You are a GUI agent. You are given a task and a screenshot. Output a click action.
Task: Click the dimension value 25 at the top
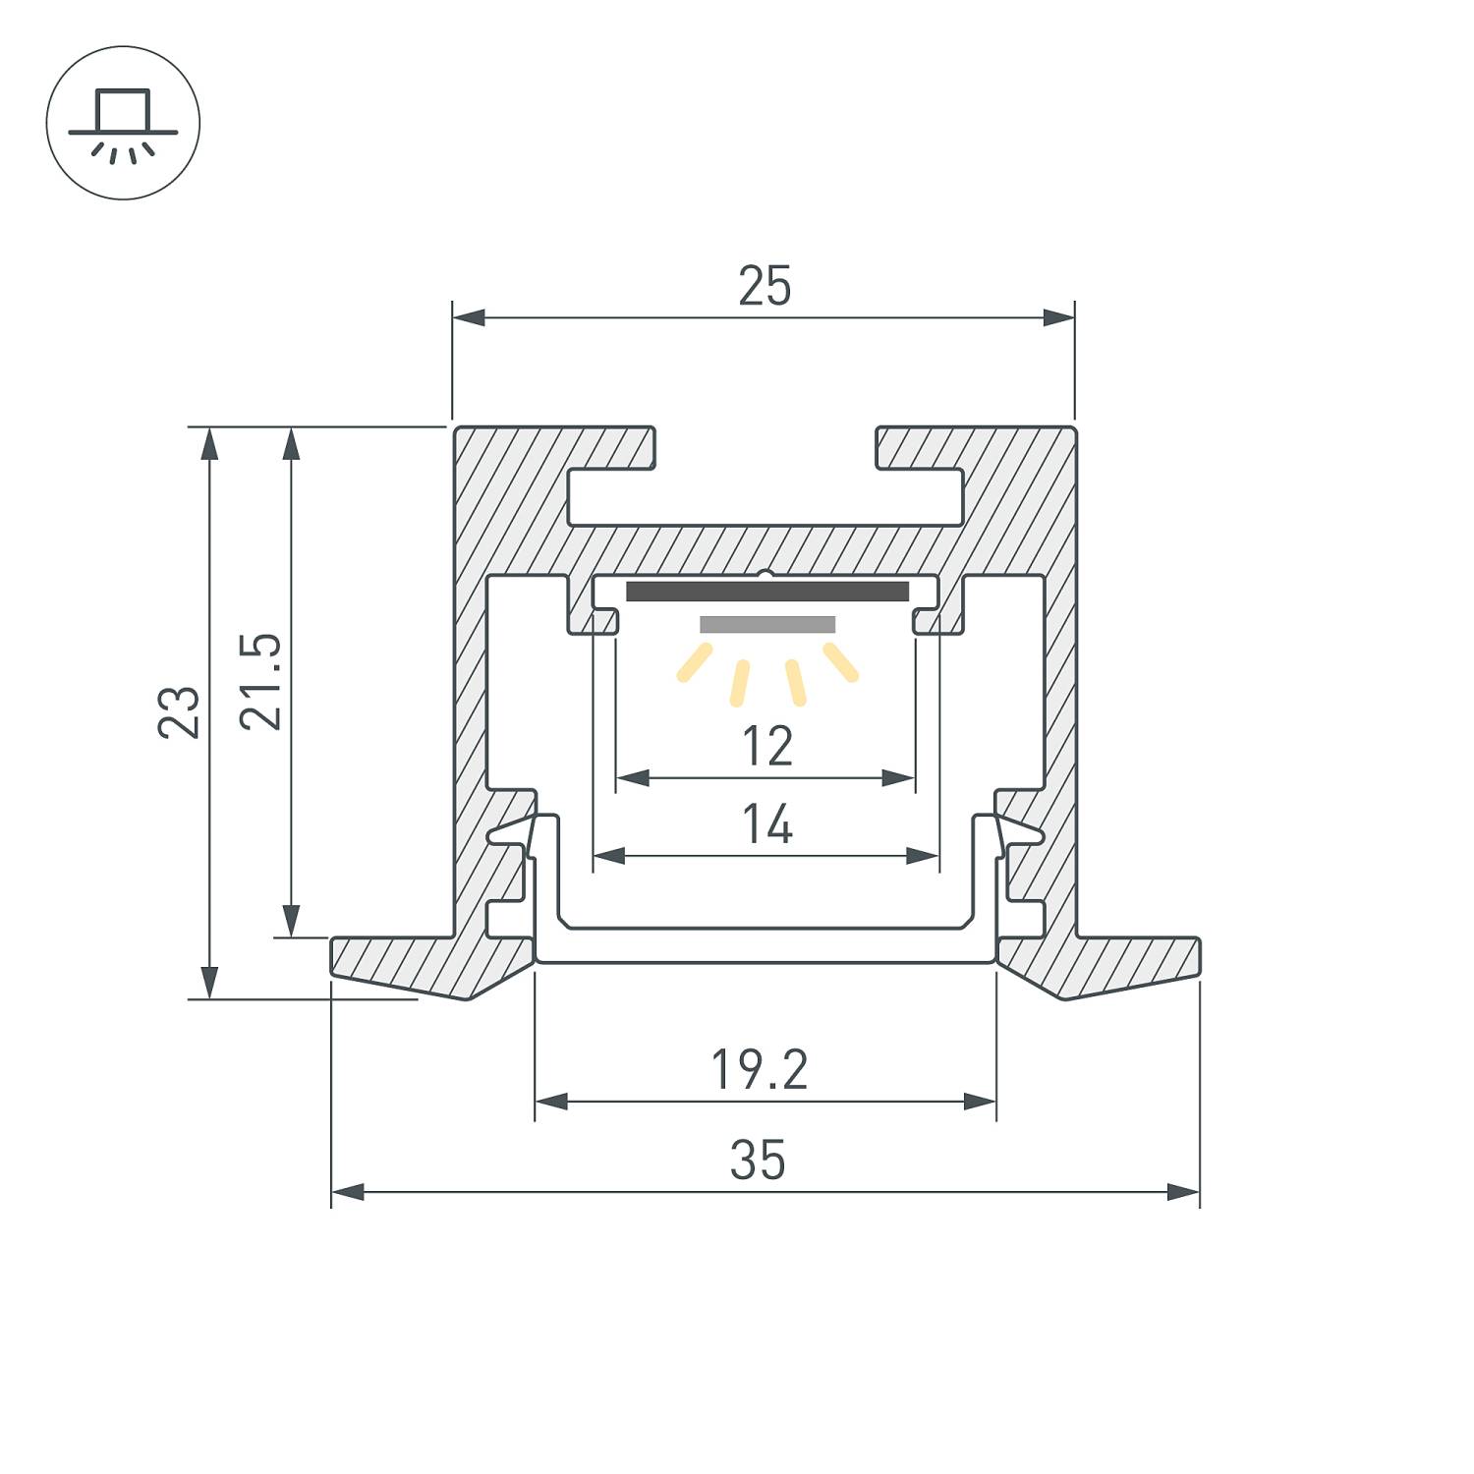765,286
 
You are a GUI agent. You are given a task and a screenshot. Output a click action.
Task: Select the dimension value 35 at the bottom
758,1161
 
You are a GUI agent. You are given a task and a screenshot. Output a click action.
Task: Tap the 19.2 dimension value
759,1070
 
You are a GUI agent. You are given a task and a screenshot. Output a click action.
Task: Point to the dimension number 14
766,824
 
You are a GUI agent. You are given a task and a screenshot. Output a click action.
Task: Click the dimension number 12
766,746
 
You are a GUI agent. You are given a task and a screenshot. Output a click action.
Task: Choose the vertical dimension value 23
179,712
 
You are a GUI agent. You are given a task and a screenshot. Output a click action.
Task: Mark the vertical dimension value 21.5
261,681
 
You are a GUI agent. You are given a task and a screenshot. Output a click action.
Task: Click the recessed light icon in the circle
123,123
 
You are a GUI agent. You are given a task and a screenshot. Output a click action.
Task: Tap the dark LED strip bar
766,592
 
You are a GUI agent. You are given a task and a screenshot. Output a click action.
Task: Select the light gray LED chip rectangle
766,625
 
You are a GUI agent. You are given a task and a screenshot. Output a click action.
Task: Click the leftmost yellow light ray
694,662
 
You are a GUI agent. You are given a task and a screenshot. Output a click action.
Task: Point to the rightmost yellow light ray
841,661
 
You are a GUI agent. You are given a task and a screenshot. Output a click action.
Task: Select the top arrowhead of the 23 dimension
208,444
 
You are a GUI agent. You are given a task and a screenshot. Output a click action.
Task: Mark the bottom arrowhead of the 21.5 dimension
291,921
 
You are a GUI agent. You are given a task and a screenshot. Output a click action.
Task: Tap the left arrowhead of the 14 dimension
609,856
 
